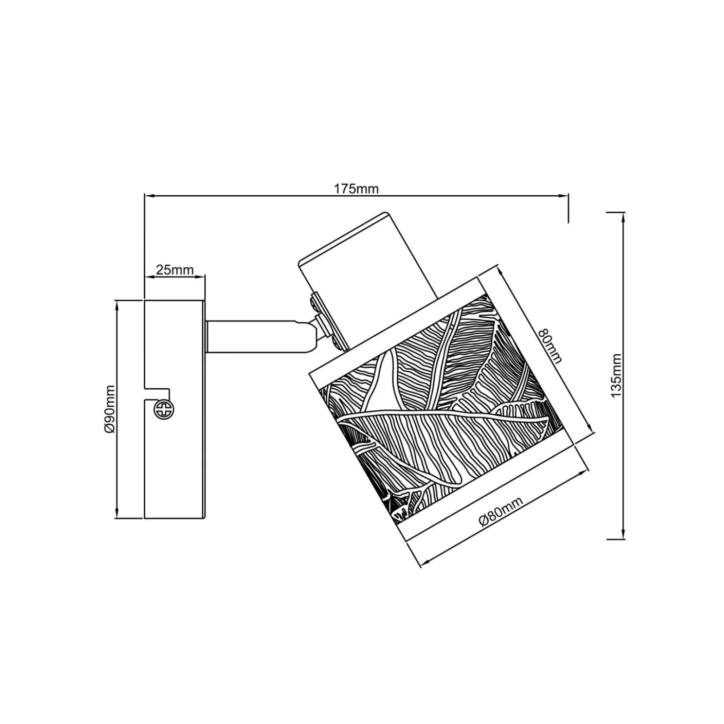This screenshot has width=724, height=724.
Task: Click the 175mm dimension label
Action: point(356,189)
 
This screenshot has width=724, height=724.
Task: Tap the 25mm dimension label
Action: point(175,269)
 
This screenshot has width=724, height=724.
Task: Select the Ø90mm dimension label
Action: point(110,409)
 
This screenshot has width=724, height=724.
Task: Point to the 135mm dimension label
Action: point(616,375)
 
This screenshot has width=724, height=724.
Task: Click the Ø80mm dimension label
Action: point(502,511)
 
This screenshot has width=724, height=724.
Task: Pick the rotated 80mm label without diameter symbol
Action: point(550,346)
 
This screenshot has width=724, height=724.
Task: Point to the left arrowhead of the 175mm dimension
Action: point(149,196)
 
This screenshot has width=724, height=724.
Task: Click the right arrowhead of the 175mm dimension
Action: point(563,196)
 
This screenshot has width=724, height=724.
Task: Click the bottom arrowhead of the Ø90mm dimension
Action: point(116,513)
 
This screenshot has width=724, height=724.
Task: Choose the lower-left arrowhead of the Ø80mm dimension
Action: point(425,564)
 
